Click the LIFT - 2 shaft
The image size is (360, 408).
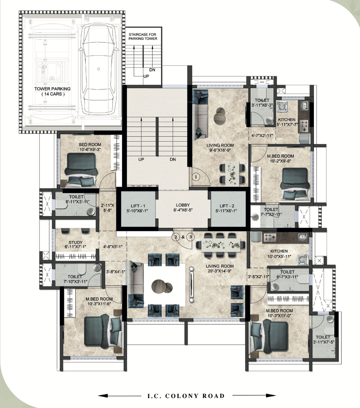tap(228, 209)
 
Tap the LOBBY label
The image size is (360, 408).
tap(183, 205)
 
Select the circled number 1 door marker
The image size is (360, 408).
tap(196, 177)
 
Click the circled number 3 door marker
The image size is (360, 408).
tap(190, 237)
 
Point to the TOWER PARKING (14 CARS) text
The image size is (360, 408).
tap(52, 91)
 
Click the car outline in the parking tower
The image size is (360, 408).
tap(99, 69)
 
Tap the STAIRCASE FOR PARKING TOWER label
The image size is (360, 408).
tap(143, 36)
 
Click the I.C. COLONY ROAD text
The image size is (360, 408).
tap(186, 396)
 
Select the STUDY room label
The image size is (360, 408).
tap(75, 242)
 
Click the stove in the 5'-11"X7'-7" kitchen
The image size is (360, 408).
tap(303, 126)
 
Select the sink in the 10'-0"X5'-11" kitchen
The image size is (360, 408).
tap(302, 238)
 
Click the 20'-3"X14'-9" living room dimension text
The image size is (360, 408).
tap(220, 271)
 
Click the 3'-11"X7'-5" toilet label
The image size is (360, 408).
tap(323, 339)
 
